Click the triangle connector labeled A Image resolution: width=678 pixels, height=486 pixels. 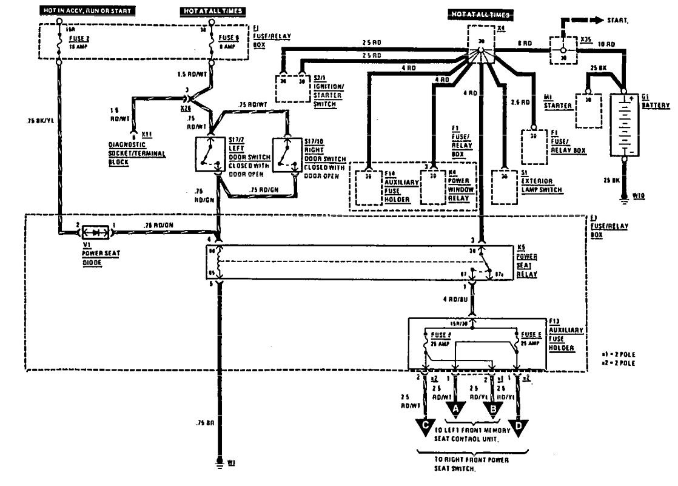click(455, 410)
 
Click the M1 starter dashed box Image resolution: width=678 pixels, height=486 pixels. click(588, 109)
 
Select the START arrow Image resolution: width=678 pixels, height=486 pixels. click(585, 20)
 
